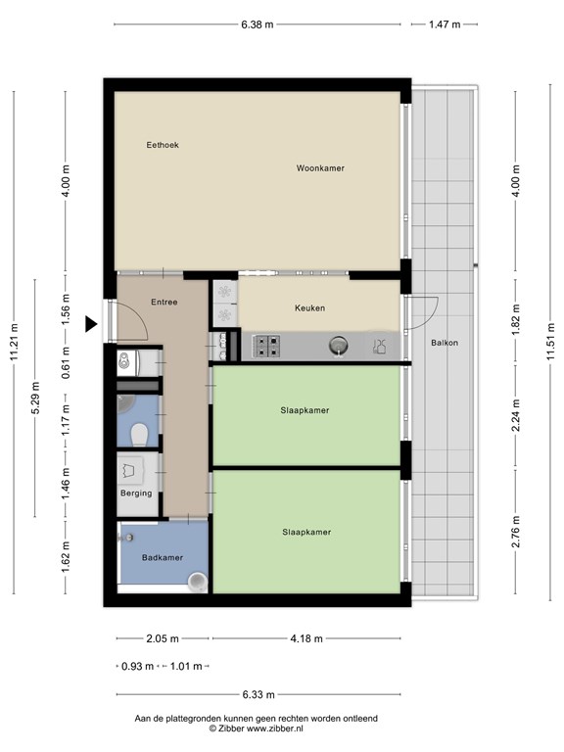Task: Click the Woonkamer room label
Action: point(320,168)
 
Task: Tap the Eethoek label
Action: point(163,145)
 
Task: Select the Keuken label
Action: point(309,308)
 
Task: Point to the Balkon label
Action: point(445,343)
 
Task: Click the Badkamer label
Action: point(163,558)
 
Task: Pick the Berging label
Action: point(136,493)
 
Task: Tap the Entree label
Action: point(164,303)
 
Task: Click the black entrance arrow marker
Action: point(91,324)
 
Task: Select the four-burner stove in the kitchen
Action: point(266,346)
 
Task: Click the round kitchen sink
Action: point(339,346)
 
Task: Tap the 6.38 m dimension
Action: point(258,24)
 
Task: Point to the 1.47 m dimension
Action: point(445,24)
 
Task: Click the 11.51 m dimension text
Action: point(550,342)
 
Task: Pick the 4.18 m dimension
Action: point(306,638)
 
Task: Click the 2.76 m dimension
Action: point(516,532)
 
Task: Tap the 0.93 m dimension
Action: point(138,667)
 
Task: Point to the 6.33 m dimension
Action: point(258,694)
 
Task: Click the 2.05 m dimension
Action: point(163,638)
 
